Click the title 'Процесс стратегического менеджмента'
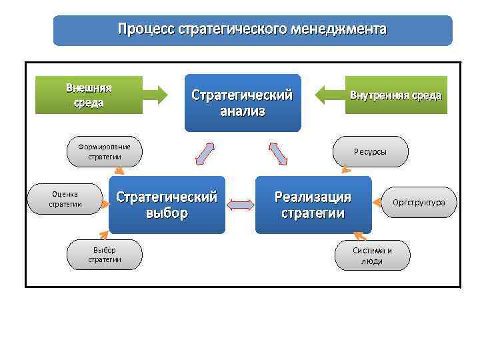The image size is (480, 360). point(252,30)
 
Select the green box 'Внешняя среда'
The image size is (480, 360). point(89,95)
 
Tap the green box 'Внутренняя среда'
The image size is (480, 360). point(396,95)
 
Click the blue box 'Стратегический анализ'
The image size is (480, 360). point(242,103)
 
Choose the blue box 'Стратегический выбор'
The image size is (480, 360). point(167,205)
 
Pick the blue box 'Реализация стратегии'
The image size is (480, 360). point(313,205)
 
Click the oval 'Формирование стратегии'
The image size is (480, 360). point(105,151)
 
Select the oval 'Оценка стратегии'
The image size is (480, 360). point(65,199)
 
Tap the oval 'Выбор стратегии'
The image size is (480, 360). point(105,255)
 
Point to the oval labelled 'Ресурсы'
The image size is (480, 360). point(370,151)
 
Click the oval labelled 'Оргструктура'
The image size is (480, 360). point(419,202)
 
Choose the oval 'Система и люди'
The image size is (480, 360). point(372,255)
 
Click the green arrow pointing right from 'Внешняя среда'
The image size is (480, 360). point(156,95)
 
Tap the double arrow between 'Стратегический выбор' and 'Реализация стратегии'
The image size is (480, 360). point(240,205)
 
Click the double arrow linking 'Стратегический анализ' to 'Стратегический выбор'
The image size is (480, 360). point(205,153)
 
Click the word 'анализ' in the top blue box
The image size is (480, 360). point(242,111)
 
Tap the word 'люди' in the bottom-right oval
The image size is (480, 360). point(372,261)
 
